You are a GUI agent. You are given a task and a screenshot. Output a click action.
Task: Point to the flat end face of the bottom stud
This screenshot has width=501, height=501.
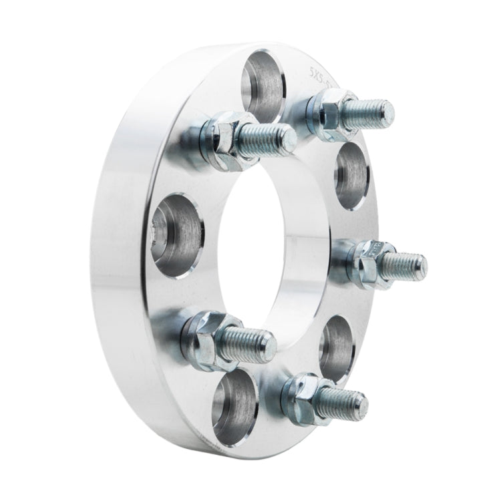pos(363,403)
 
